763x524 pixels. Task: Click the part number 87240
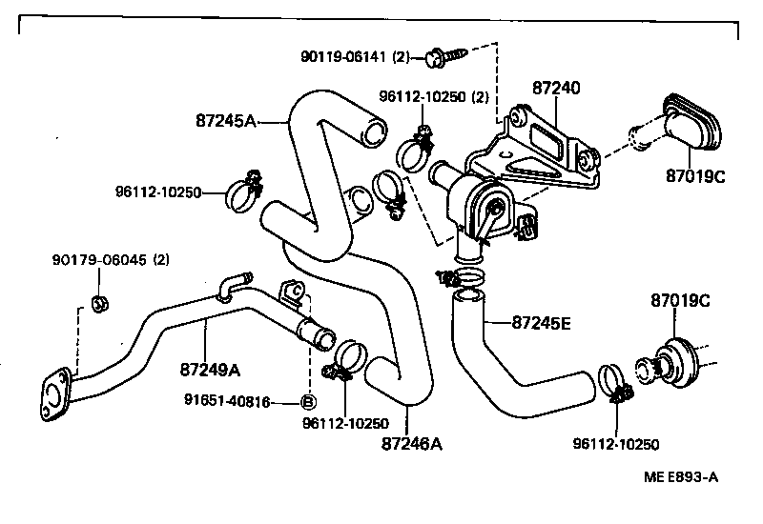556,89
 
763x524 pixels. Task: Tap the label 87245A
226,121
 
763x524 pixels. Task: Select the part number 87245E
541,323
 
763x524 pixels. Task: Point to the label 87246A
413,443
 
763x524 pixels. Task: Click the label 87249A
209,369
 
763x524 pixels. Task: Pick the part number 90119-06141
344,57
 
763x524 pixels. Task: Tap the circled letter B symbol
308,402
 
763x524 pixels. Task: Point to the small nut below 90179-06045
99,305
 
